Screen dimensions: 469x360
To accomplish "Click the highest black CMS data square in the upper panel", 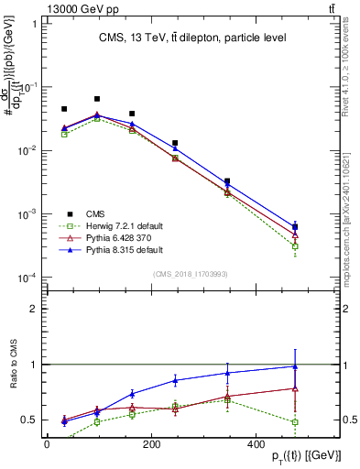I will [x=97, y=99].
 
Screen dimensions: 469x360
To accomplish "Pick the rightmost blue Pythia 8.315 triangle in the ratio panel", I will [x=294, y=366].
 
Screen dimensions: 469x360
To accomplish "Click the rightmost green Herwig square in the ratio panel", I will [x=294, y=422].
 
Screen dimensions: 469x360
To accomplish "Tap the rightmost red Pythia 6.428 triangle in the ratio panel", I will [x=294, y=388].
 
